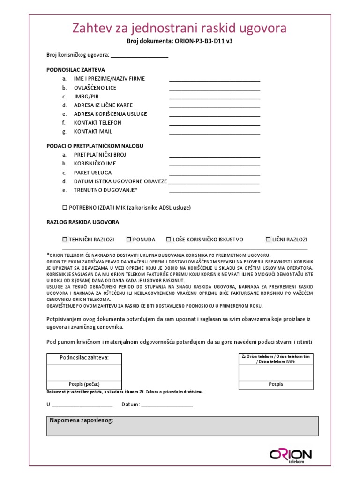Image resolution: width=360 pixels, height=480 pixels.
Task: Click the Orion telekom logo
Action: click(x=290, y=456)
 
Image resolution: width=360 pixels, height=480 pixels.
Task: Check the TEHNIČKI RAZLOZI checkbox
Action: click(x=65, y=240)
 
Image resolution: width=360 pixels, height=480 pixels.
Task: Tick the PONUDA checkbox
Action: click(x=129, y=240)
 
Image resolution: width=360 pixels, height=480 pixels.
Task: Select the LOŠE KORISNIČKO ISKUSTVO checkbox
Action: click(x=169, y=240)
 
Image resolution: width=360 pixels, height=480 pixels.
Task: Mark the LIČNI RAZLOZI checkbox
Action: click(x=268, y=240)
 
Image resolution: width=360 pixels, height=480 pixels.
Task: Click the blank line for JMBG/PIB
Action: click(x=214, y=97)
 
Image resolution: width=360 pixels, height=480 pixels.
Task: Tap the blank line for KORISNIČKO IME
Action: click(x=214, y=165)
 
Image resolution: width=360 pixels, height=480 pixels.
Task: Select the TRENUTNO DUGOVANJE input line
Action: click(x=214, y=191)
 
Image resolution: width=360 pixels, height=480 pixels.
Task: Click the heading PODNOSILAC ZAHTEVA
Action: click(x=75, y=70)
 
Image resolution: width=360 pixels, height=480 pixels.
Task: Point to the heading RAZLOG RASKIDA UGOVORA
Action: click(x=82, y=222)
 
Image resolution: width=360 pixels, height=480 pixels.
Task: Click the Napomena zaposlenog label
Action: click(x=81, y=420)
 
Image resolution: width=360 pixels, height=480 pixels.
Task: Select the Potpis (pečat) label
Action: click(x=84, y=384)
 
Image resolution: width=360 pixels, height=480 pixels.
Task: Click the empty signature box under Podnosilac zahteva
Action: click(x=84, y=372)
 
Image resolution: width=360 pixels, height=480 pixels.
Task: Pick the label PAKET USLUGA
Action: click(x=93, y=172)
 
